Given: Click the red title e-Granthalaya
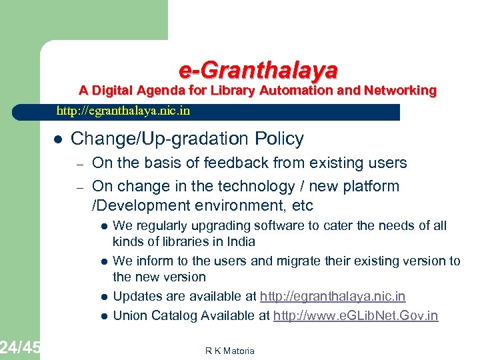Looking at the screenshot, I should (x=258, y=69).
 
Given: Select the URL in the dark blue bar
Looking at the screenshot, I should (x=123, y=111).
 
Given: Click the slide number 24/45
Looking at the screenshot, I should (x=20, y=347).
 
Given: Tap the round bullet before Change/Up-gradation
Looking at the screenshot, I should (x=57, y=139).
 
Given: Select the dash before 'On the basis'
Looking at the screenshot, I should (x=78, y=163).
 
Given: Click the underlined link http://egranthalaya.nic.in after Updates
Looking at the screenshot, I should (x=333, y=296).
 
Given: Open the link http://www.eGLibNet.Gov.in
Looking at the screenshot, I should (x=356, y=315).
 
